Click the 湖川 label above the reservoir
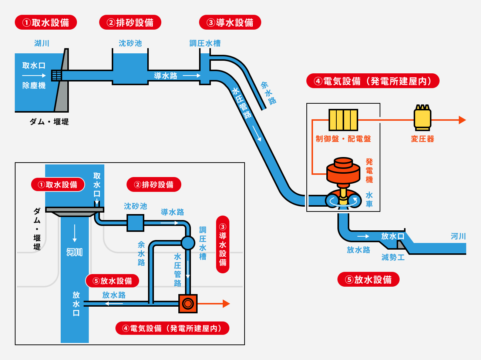(42, 43)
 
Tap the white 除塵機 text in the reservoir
(34, 86)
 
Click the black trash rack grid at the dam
(56, 75)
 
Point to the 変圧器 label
(422, 139)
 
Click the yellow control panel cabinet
(343, 120)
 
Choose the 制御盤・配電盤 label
(343, 139)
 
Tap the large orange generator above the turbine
(343, 171)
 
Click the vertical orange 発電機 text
(369, 171)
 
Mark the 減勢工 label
(393, 257)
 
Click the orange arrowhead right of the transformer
(462, 120)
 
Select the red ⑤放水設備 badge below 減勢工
(368, 280)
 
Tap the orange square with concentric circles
(188, 304)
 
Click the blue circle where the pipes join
(188, 243)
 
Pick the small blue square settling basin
(135, 223)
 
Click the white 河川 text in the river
(74, 252)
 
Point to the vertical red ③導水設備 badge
(223, 244)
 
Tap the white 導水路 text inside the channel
(165, 76)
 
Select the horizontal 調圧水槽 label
(205, 43)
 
